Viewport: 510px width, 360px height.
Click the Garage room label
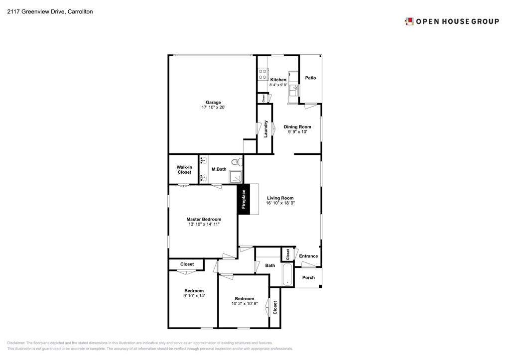click(213, 103)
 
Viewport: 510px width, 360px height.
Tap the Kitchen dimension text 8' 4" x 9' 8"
click(278, 85)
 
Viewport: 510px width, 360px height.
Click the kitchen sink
click(294, 90)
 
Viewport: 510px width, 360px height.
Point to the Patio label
click(310, 78)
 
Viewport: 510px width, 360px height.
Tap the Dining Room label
click(297, 127)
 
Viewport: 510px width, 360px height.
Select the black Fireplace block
click(244, 199)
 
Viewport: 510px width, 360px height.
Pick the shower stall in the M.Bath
click(236, 177)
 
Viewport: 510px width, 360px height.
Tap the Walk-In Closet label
click(184, 170)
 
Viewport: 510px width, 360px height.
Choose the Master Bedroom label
click(204, 219)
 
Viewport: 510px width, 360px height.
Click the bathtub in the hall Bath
click(288, 275)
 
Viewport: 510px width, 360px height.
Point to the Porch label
click(308, 277)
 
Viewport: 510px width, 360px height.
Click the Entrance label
click(308, 256)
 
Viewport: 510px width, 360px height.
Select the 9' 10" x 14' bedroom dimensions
click(194, 296)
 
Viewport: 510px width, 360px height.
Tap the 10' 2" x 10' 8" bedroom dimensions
click(244, 304)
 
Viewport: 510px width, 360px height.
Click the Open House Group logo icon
click(409, 21)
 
